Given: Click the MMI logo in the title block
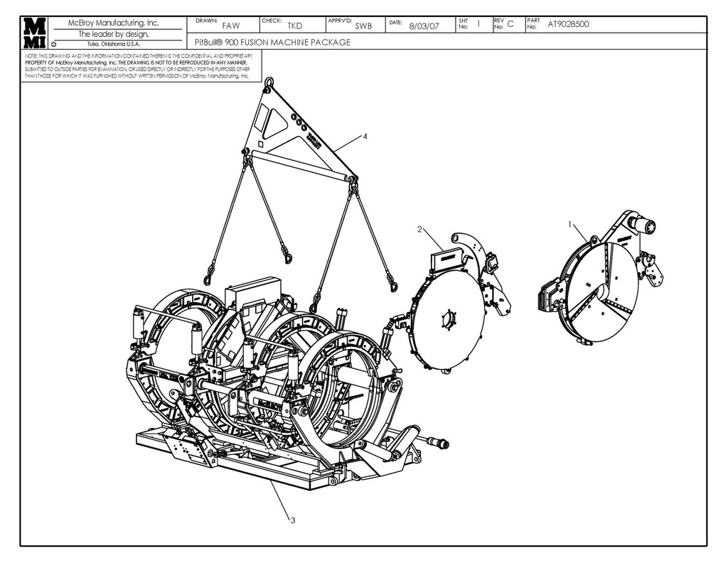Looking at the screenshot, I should click(35, 33).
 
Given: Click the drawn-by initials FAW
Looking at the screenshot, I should click(231, 26).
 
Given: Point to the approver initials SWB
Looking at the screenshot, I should click(363, 26).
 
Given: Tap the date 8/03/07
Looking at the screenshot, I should click(425, 26).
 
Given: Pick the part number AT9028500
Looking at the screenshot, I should click(568, 24).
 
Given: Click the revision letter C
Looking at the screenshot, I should click(510, 25).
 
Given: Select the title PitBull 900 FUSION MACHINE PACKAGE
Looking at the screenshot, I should click(272, 43).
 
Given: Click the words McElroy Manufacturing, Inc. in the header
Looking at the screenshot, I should click(113, 23).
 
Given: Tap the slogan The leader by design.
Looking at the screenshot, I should click(113, 33).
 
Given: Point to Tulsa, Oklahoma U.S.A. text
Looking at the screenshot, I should click(113, 44).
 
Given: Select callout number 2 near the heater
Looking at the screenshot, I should click(419, 229).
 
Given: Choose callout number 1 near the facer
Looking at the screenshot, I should click(570, 223).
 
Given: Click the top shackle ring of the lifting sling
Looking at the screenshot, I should click(269, 85).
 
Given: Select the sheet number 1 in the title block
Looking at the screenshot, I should click(478, 24).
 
